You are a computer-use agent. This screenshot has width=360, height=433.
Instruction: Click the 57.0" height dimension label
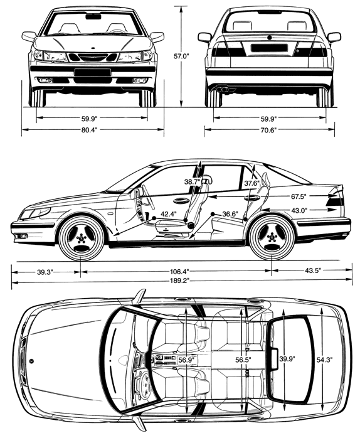181,56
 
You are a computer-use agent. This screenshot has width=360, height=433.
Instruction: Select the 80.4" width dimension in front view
90,129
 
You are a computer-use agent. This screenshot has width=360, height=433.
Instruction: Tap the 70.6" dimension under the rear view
268,130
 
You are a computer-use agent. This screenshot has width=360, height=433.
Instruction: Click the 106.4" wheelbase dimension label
179,272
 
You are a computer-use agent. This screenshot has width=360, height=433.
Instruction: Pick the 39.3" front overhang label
45,272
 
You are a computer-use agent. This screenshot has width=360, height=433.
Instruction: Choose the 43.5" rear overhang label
313,270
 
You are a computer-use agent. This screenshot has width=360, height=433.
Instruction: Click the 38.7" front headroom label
192,182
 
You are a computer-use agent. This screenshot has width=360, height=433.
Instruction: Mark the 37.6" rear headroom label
252,183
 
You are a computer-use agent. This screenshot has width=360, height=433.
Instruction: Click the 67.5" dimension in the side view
299,196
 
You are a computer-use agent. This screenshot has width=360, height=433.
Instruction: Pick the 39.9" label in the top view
287,359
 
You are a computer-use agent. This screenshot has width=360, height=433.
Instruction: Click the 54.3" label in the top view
324,360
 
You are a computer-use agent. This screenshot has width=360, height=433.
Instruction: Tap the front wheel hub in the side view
81,238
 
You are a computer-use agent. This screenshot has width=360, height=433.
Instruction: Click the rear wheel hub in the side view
272,238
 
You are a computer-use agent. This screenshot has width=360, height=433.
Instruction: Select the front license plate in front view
92,73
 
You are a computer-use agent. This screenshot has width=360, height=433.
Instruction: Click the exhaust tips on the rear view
222,90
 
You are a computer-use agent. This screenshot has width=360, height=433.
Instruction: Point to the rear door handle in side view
251,198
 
